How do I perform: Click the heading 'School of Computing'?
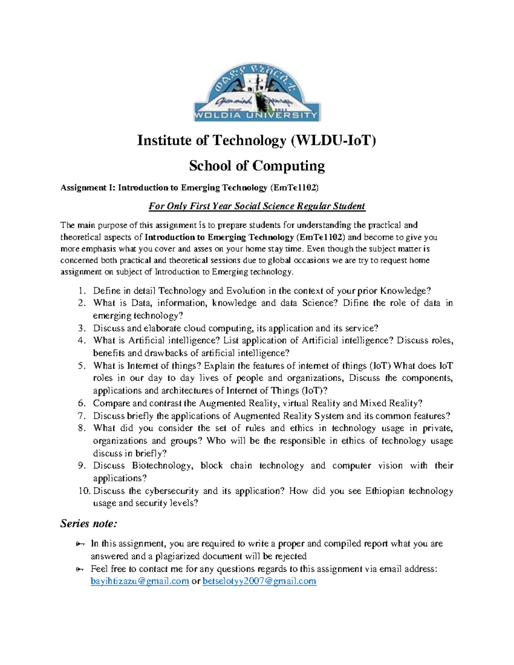point(257,166)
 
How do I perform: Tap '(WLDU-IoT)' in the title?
point(333,140)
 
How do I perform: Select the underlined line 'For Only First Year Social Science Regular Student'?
point(257,206)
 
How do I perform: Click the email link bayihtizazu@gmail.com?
point(140,582)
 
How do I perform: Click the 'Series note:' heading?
point(88,524)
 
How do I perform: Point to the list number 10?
point(84,491)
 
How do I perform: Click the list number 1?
point(82,291)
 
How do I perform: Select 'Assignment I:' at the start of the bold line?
point(88,188)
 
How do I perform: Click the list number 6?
point(82,403)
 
